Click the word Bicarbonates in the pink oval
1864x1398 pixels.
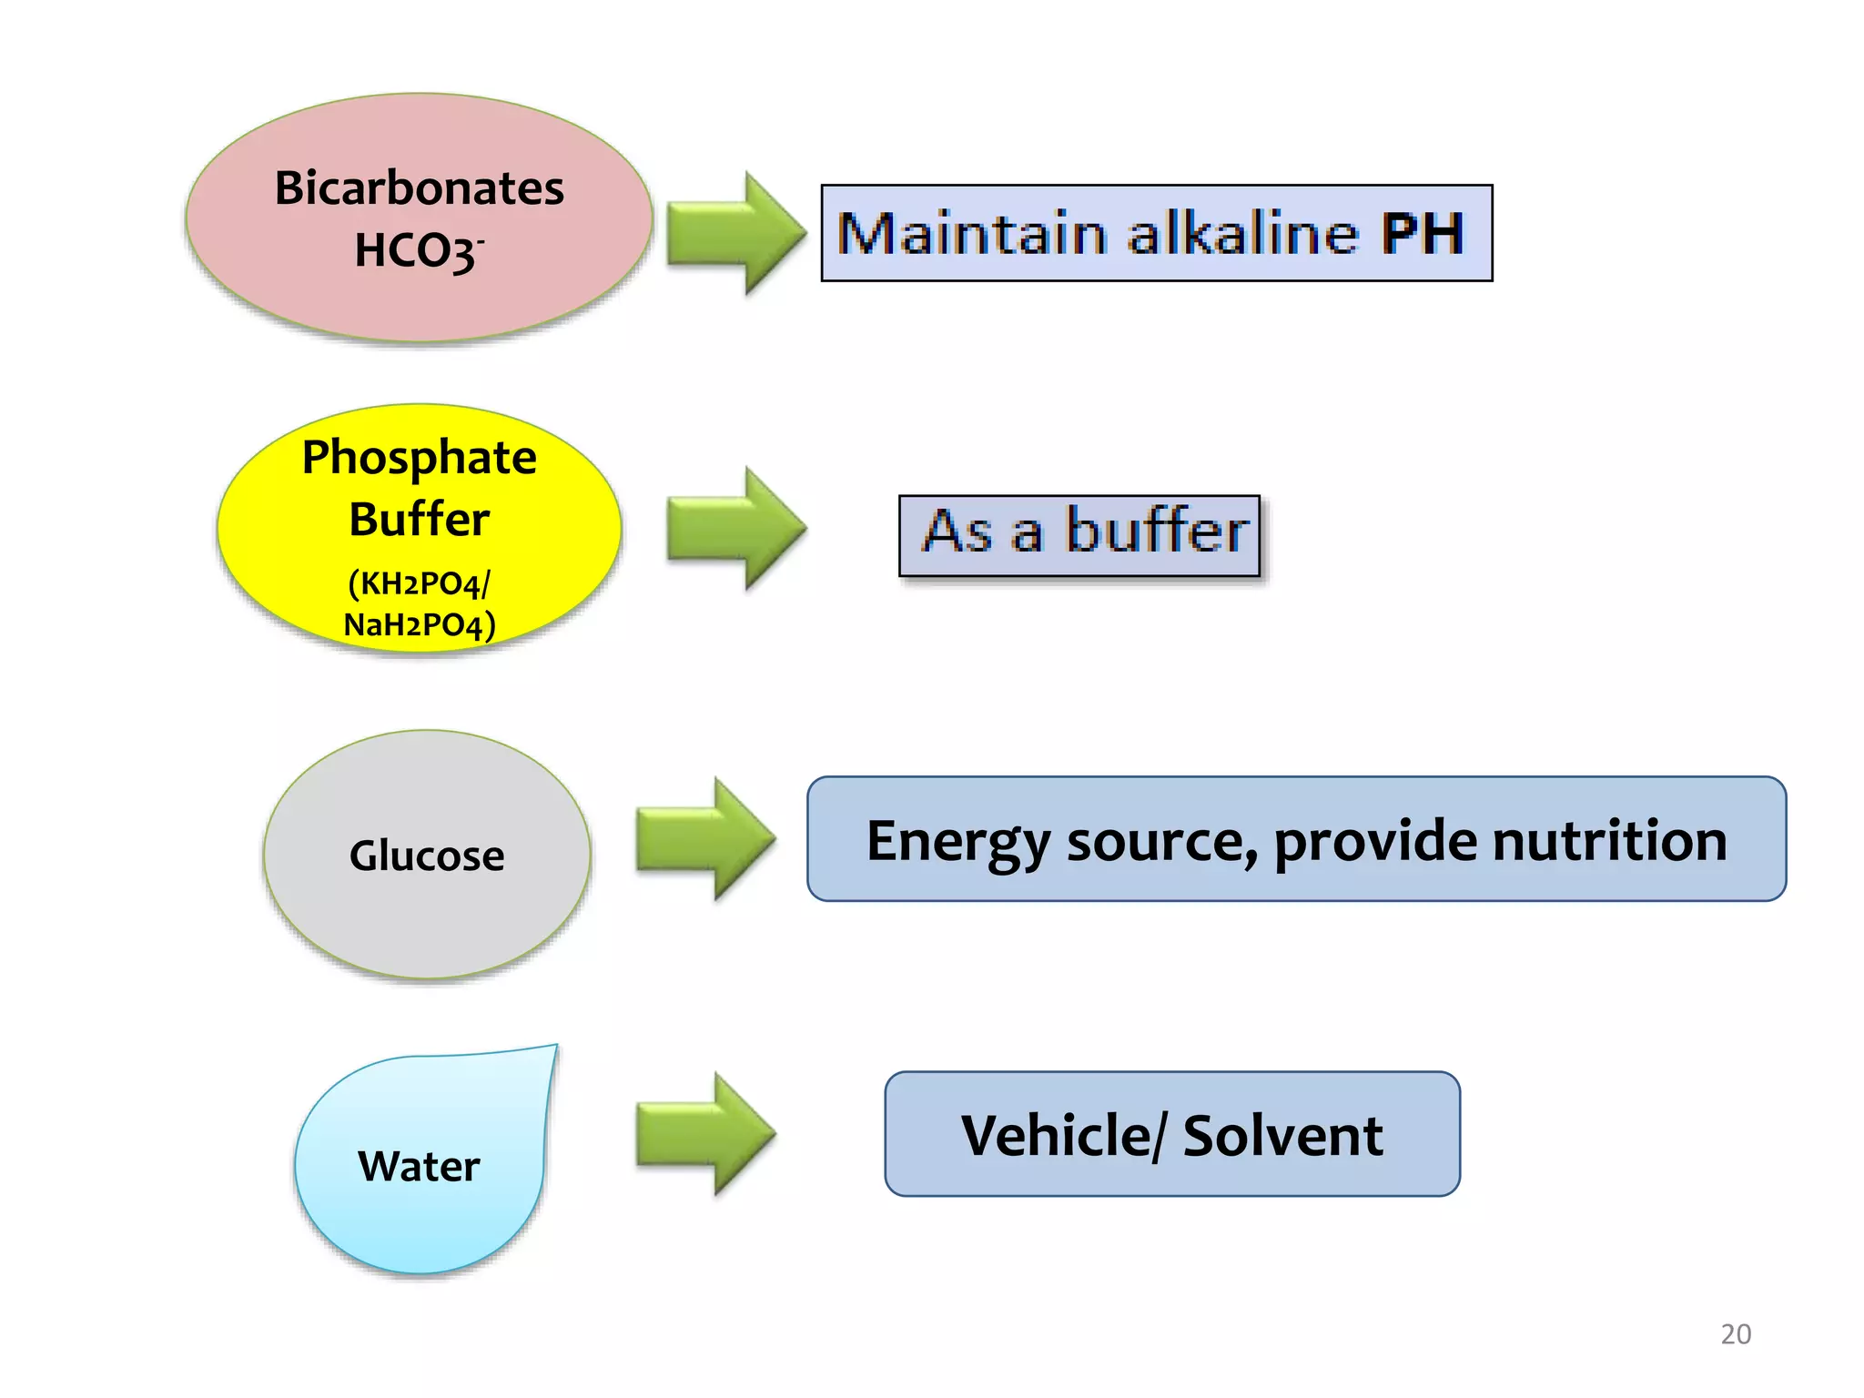tap(420, 188)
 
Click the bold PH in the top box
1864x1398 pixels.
tap(1423, 234)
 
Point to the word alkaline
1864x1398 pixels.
tap(1243, 234)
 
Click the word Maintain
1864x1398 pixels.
tap(972, 234)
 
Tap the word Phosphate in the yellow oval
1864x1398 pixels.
tap(420, 457)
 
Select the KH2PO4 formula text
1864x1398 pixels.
tap(420, 583)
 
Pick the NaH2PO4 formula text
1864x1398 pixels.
tap(420, 625)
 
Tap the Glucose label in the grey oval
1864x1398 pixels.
tap(427, 856)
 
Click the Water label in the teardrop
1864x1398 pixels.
tap(419, 1167)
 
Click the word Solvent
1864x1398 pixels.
tap(1282, 1136)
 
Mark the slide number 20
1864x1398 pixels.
tap(1736, 1334)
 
